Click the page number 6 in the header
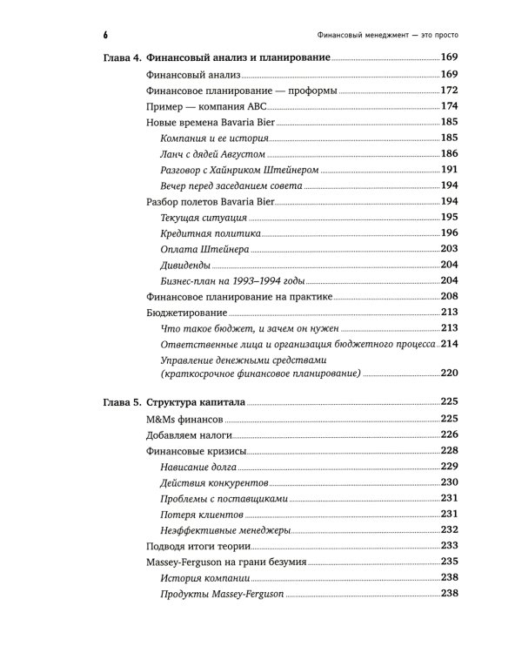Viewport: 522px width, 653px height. [104, 34]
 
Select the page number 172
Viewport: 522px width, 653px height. [449, 90]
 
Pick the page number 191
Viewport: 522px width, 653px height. [449, 169]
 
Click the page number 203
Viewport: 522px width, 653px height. [449, 249]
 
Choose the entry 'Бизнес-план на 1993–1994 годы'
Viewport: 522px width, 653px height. [232, 280]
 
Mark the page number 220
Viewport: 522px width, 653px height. [449, 374]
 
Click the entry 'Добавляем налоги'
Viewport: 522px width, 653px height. [181, 434]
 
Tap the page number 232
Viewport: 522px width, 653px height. [449, 529]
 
